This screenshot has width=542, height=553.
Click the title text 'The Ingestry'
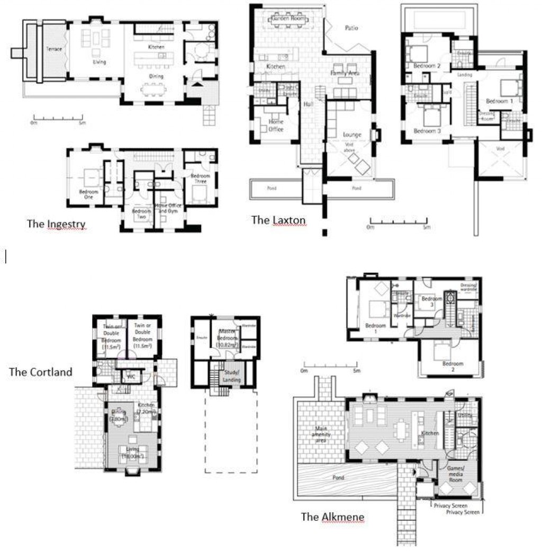tap(56, 224)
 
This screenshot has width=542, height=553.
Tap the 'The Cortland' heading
tap(40, 372)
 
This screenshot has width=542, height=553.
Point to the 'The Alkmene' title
tap(332, 516)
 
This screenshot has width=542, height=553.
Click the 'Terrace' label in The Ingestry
tap(53, 49)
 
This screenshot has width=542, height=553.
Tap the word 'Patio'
tap(351, 28)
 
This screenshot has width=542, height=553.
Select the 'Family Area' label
tap(345, 73)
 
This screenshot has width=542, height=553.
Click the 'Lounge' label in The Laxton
tap(351, 135)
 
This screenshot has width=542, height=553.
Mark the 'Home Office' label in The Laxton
tap(276, 126)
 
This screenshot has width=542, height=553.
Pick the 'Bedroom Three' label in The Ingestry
tap(200, 179)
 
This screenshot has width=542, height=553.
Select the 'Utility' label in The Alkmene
tap(465, 416)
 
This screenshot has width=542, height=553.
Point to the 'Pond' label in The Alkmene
tap(338, 478)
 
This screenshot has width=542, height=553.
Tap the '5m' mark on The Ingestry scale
tap(82, 123)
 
